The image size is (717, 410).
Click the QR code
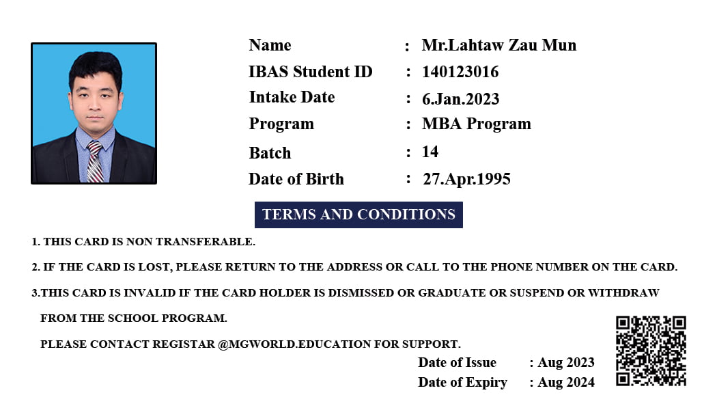pos(651,351)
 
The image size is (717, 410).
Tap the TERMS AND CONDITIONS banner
pos(358,215)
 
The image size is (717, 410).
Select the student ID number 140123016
pos(460,72)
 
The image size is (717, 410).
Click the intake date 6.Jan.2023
pos(460,99)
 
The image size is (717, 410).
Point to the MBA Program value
pos(476,124)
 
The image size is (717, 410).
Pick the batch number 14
pos(430,152)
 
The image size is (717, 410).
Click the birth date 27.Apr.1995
pos(466,179)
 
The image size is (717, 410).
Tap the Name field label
pos(270,45)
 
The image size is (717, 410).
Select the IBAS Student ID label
pos(311,72)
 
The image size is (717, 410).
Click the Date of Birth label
pos(296,179)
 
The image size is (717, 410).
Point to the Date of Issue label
pos(457,362)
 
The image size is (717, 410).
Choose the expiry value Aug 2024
pos(566,383)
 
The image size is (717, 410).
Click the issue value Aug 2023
pos(566,362)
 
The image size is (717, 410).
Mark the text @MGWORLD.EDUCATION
pos(294,344)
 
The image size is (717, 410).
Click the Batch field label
pos(270,153)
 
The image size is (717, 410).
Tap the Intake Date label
pos(292,97)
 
